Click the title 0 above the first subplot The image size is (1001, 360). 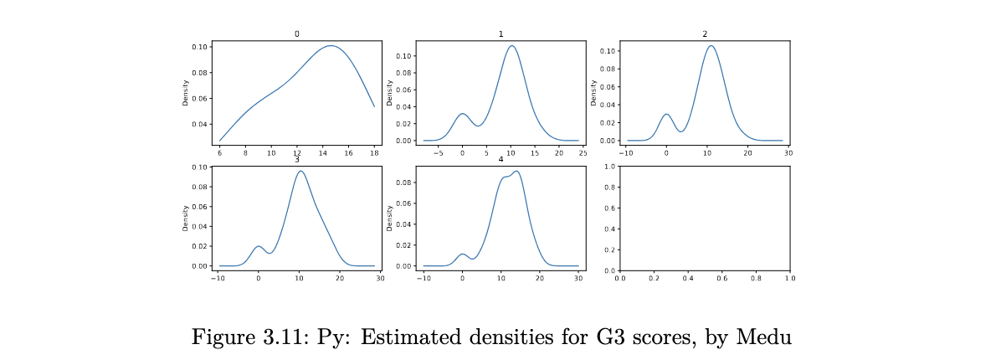(x=296, y=34)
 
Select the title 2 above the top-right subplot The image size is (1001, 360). (x=705, y=34)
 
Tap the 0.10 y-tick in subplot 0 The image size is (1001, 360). (x=199, y=47)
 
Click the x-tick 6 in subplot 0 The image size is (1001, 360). (x=219, y=154)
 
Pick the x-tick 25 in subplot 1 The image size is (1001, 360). (x=583, y=154)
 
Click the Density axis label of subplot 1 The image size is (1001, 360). (x=388, y=93)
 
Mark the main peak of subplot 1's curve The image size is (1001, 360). (x=511, y=46)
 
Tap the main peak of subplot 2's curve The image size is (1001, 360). (x=711, y=45)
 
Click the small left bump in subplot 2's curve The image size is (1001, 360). (x=666, y=114)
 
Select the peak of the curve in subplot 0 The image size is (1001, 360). (x=331, y=45)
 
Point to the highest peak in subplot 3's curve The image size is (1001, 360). (x=300, y=172)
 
